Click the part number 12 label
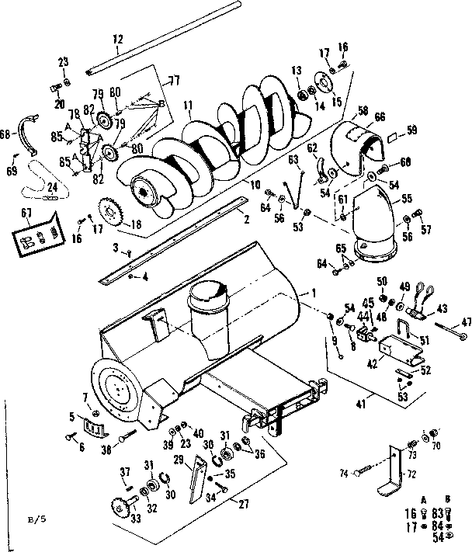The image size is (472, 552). (x=118, y=39)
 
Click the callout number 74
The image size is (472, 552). (x=343, y=471)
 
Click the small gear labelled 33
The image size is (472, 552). (x=120, y=508)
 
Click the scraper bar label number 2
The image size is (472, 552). (x=245, y=220)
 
